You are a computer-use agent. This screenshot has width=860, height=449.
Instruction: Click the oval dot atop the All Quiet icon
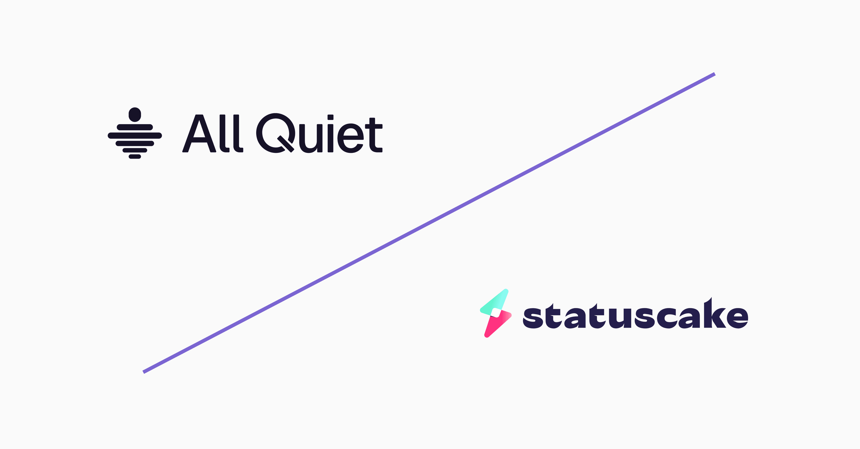pos(135,114)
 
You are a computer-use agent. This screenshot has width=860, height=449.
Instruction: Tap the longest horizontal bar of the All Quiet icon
pos(135,135)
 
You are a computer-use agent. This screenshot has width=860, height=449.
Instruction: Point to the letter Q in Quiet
pos(275,133)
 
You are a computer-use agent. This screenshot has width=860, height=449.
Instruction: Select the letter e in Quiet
pos(350,138)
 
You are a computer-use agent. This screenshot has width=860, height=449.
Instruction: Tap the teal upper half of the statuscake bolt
pos(495,302)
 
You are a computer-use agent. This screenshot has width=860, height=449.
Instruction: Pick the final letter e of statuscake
pos(737,318)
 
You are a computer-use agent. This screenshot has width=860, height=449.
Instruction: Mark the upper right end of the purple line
pos(714,74)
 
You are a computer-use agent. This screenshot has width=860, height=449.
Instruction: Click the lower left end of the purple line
pos(144,372)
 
